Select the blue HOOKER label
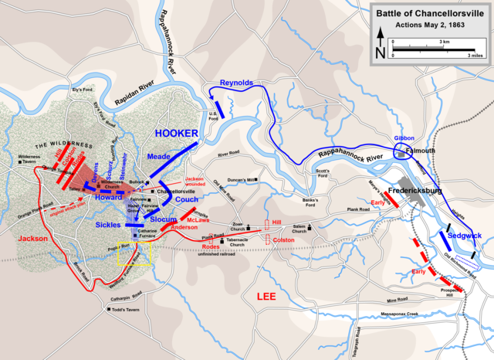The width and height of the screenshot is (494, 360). tap(178, 132)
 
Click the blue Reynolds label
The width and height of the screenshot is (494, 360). tap(235, 82)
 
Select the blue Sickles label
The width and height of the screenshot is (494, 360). tap(107, 223)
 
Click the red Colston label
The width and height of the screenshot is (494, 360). tap(283, 240)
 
